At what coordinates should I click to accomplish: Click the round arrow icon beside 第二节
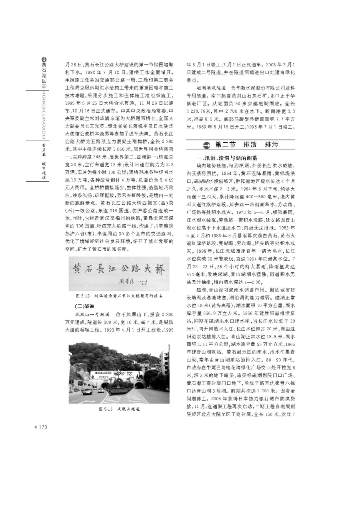point(206,144)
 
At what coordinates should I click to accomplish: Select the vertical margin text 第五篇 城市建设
point(44,156)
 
